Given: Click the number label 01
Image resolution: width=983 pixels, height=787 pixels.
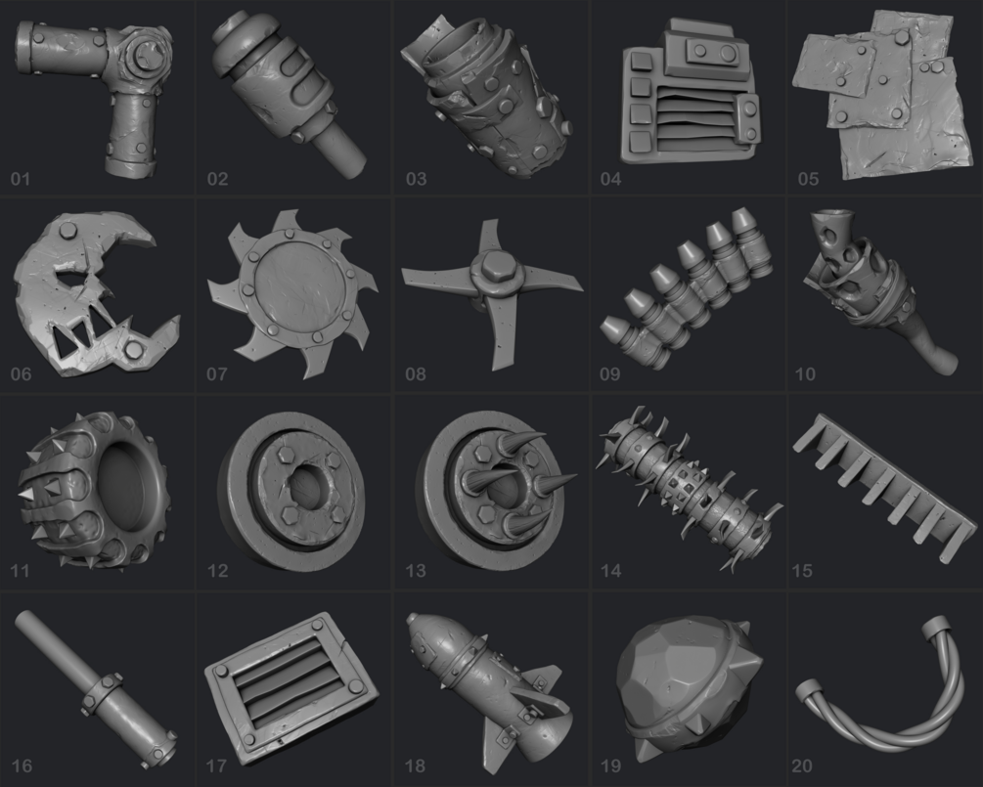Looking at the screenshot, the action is point(21,179).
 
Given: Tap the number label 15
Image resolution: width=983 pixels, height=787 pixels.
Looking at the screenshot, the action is point(802,571).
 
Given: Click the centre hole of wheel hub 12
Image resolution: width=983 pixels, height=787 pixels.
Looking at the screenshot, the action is point(306,489).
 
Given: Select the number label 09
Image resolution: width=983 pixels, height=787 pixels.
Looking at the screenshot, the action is point(610,374).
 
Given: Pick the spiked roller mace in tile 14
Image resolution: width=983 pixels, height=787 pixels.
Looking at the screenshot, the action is point(689,489).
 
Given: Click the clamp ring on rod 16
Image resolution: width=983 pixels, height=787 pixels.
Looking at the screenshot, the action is point(102,694).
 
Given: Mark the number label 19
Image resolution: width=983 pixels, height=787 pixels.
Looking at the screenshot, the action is point(610,765).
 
